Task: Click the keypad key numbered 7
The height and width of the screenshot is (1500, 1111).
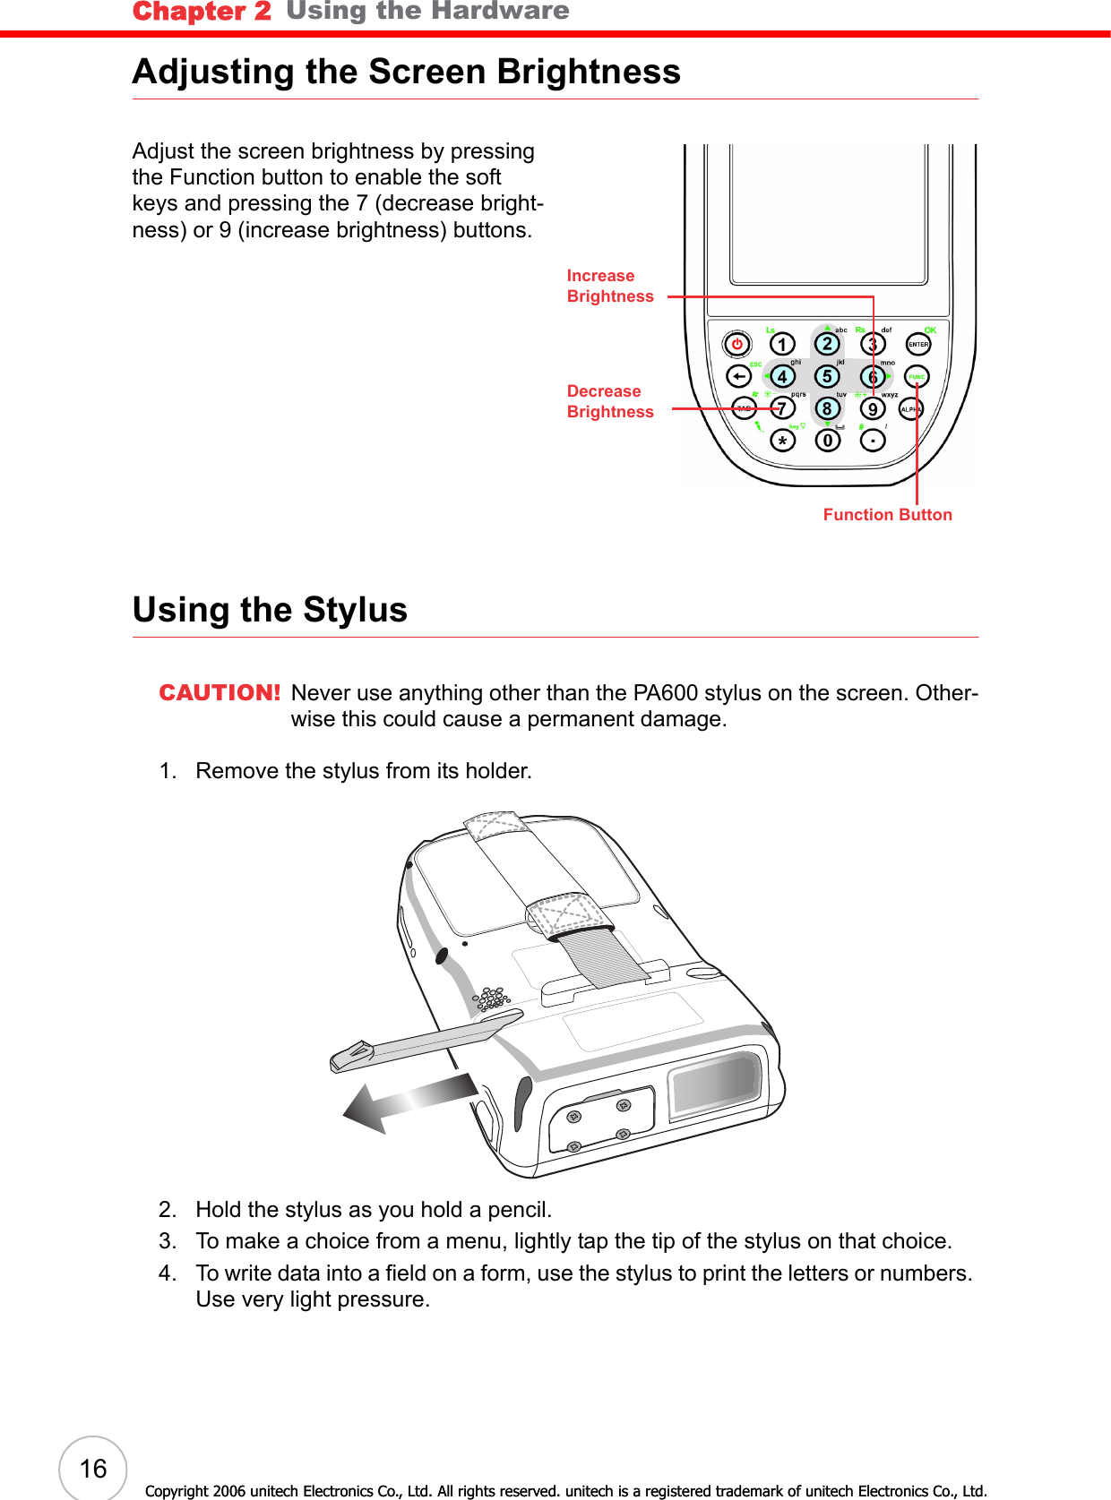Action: point(782,409)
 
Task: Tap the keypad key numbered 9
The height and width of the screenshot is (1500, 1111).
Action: point(873,409)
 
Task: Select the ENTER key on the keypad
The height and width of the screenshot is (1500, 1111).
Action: point(918,344)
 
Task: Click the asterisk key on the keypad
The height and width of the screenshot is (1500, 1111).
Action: point(782,441)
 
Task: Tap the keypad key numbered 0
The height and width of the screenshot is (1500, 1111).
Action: point(827,441)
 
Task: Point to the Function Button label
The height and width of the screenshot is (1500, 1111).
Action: point(887,515)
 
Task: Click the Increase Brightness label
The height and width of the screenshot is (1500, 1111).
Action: point(609,286)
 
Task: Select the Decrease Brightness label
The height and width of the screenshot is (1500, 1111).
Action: point(609,401)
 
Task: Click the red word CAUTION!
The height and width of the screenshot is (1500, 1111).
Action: point(220,693)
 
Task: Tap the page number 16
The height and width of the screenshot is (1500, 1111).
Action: point(93,1469)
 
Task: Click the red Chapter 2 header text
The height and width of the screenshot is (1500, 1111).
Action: point(202,12)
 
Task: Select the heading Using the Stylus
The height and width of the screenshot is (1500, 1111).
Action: point(270,610)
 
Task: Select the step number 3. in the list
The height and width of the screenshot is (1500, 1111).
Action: point(168,1241)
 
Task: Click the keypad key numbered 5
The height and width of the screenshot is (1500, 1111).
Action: point(827,377)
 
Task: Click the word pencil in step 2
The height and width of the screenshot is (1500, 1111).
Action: point(517,1210)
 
